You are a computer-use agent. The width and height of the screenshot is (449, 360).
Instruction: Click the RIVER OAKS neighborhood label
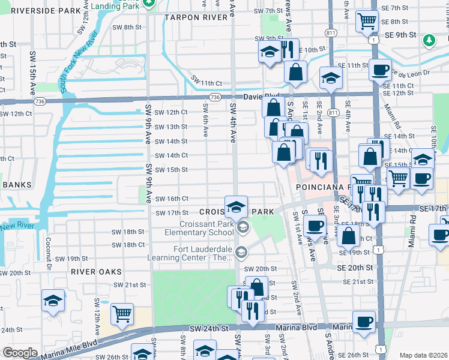(x=92, y=271)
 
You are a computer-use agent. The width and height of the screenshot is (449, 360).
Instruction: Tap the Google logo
(x=20, y=353)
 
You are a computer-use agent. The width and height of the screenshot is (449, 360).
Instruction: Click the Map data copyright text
(x=424, y=355)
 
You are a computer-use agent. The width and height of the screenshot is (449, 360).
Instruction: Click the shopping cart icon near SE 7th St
(x=367, y=21)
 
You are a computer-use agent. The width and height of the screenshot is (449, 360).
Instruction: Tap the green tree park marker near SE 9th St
(x=429, y=40)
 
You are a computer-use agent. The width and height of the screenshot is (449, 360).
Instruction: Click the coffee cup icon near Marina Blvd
(x=364, y=322)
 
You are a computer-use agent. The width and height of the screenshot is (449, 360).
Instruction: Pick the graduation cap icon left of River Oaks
(x=53, y=299)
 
